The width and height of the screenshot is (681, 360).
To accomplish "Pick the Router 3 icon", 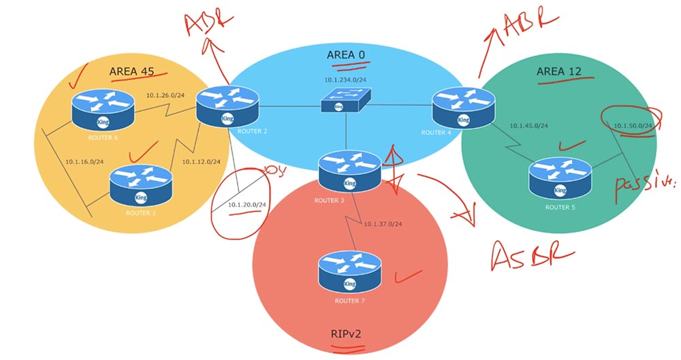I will [x=349, y=170].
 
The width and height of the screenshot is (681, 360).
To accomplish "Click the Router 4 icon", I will [x=463, y=107].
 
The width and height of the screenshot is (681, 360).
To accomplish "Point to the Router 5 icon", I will [x=559, y=177].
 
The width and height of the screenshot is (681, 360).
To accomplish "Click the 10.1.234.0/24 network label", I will [x=346, y=80].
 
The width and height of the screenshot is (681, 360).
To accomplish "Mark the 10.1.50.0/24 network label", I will [x=633, y=126].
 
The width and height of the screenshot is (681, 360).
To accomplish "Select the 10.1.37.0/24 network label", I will [x=383, y=224].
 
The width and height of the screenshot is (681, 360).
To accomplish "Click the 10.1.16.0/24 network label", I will [x=84, y=161].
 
